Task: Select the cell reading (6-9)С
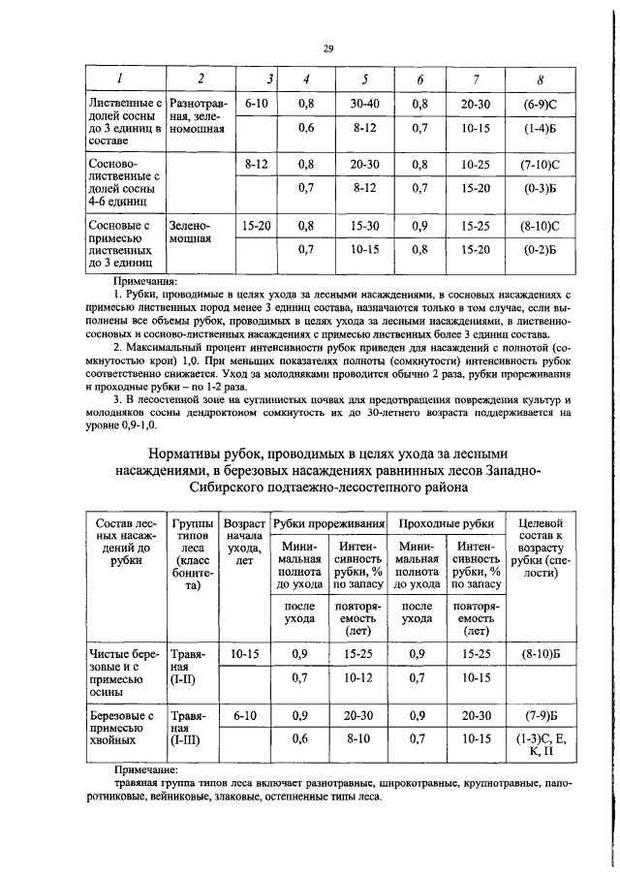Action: click(x=539, y=102)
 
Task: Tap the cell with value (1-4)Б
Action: click(x=539, y=127)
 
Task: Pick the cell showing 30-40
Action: click(x=364, y=102)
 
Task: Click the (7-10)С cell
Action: click(x=539, y=165)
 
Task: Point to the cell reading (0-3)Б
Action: click(x=539, y=189)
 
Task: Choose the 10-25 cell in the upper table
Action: click(x=475, y=165)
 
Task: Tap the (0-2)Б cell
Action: click(x=539, y=250)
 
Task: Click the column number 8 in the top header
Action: click(x=539, y=78)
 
